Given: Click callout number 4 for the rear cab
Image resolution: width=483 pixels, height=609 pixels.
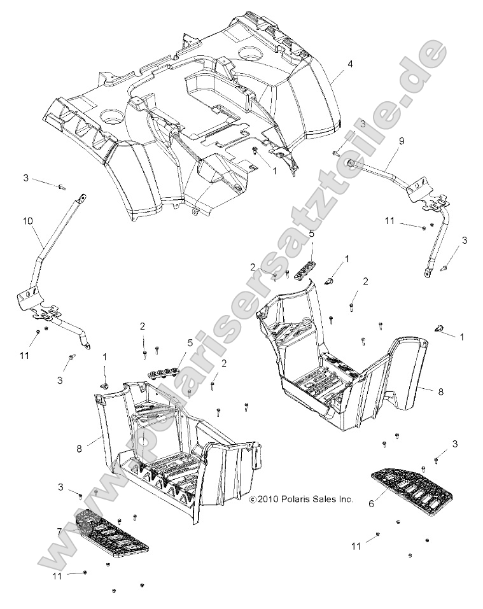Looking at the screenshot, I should [x=349, y=64].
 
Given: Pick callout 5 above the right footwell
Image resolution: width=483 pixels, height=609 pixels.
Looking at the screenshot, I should [x=311, y=234].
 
